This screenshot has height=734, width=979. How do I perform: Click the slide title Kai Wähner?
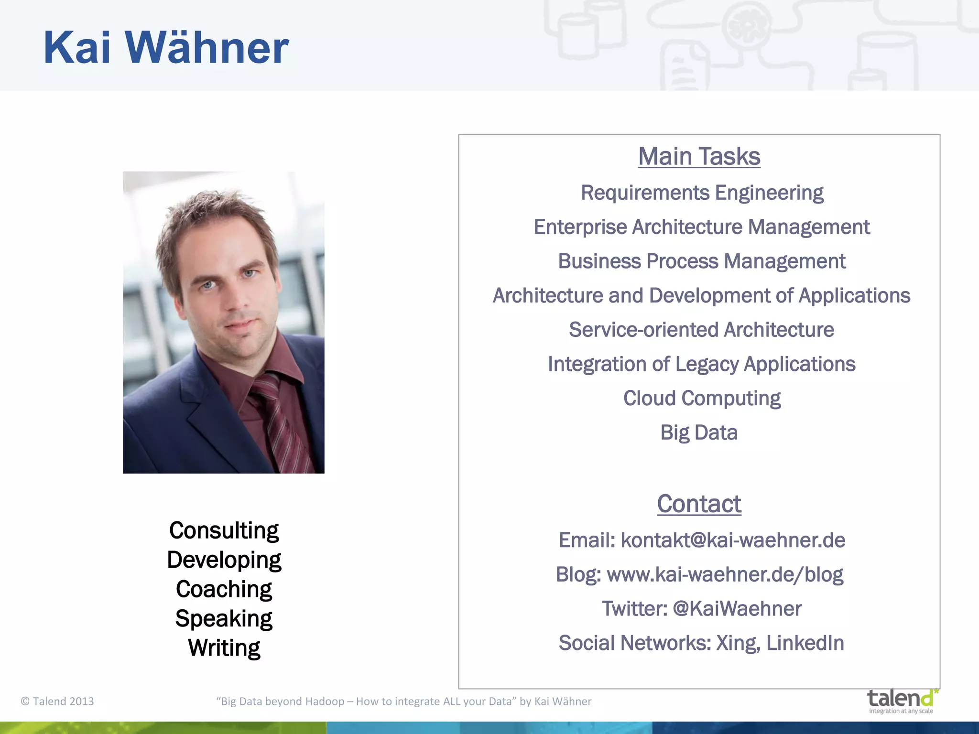click(166, 48)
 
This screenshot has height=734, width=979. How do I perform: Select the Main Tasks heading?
click(699, 157)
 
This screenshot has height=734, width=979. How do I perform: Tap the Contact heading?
click(699, 504)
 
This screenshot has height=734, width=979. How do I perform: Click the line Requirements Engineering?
click(702, 193)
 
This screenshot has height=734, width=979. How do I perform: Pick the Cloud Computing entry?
click(702, 399)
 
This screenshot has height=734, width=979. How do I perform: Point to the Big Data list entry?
click(699, 433)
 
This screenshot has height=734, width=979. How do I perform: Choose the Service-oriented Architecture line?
click(701, 330)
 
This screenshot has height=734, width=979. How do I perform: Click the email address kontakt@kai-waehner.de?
click(733, 540)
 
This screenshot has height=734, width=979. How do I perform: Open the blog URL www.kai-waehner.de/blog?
click(725, 575)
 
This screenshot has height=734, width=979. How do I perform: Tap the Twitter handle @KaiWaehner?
click(737, 609)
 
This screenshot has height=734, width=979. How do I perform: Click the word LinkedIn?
click(805, 643)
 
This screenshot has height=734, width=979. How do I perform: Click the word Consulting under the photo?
click(224, 531)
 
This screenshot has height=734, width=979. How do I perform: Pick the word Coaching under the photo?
click(224, 590)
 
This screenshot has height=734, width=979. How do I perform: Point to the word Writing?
click(224, 648)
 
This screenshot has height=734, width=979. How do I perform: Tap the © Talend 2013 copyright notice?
click(57, 702)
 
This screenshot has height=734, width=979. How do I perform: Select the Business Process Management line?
click(702, 262)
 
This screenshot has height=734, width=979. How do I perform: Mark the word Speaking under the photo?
click(224, 619)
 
